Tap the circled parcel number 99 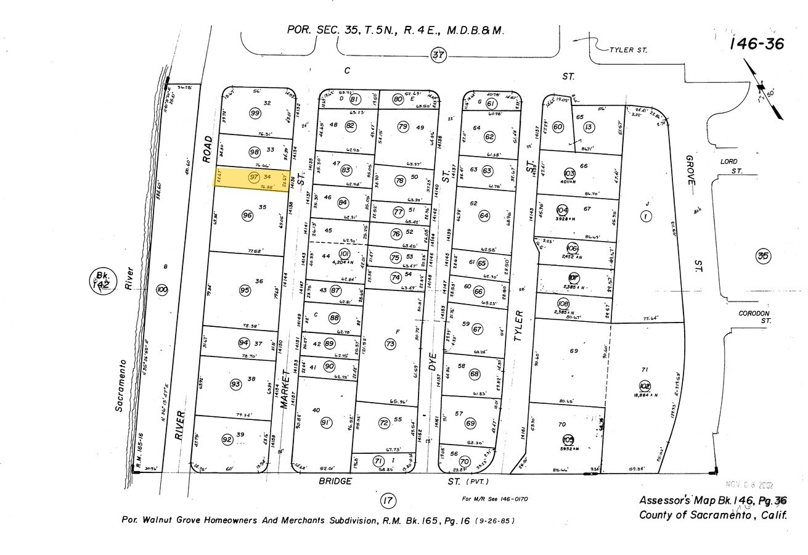(255, 113)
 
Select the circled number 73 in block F (390, 344)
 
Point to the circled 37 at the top (438, 55)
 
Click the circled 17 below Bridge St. (388, 500)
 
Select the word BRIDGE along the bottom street (335, 480)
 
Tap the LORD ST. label (728, 165)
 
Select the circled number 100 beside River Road (162, 289)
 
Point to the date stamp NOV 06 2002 (749, 486)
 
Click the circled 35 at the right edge (763, 256)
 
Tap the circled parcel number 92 (227, 439)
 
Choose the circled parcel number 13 (589, 127)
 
